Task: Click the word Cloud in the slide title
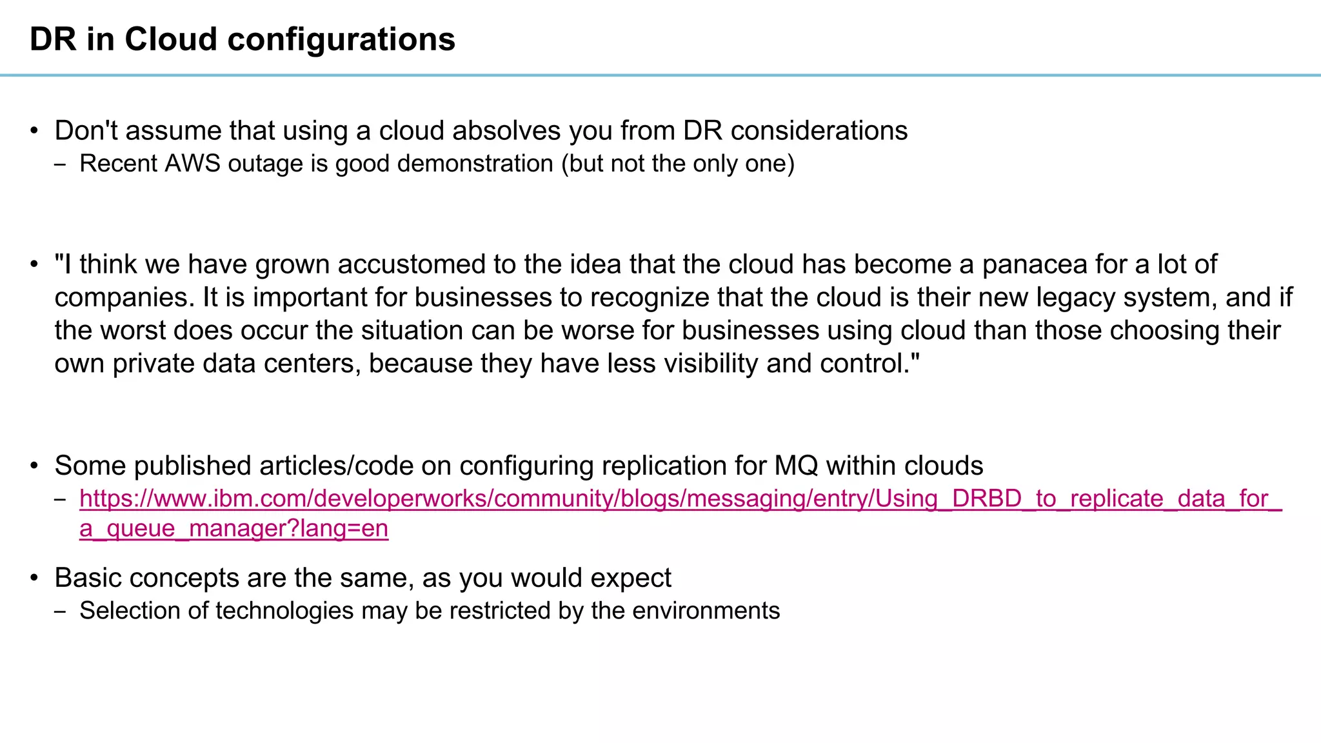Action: pyautogui.click(x=170, y=39)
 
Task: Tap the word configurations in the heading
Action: pyautogui.click(x=341, y=41)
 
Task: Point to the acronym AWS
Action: pyautogui.click(x=192, y=164)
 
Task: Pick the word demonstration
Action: pyautogui.click(x=475, y=164)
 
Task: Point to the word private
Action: pyautogui.click(x=153, y=364)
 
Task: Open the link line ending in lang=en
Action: pyautogui.click(x=233, y=529)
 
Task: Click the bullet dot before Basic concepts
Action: pyautogui.click(x=35, y=578)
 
